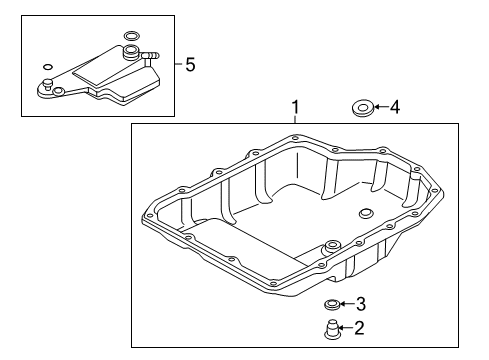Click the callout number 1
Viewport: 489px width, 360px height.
pos(295,107)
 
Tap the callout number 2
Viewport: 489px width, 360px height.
pos(359,328)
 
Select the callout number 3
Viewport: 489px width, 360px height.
pos(361,304)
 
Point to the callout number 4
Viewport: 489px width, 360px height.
pos(395,107)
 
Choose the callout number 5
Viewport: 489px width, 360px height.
pos(190,64)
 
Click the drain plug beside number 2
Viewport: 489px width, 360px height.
pos(331,329)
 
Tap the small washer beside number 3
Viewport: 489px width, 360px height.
pos(332,304)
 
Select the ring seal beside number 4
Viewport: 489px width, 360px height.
pos(362,108)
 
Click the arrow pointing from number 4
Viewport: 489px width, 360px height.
pos(381,107)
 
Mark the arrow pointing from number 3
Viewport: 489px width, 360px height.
pos(348,304)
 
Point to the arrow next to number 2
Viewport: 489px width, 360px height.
pos(346,328)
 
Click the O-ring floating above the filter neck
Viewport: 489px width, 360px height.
pos(131,36)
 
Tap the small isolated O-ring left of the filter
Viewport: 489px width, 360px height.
pos(48,67)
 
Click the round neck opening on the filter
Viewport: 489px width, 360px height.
pos(130,52)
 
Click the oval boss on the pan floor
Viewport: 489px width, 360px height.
pos(366,213)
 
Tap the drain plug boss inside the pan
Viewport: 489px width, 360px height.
pos(332,246)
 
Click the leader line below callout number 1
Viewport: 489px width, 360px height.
pos(295,119)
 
